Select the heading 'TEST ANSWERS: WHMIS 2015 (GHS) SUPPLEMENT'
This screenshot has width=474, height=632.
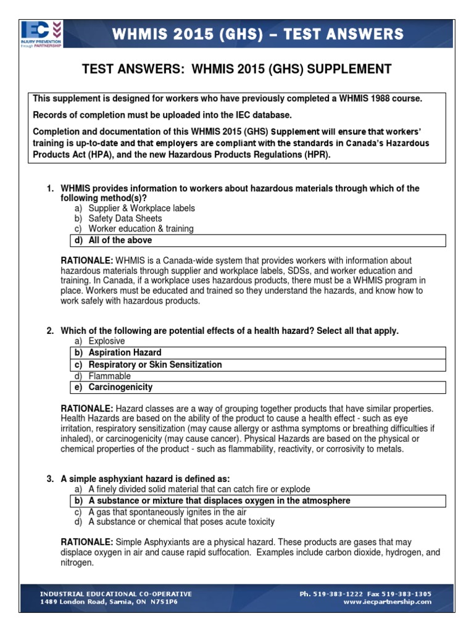click(x=237, y=69)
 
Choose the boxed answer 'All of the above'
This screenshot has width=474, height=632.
click(x=120, y=240)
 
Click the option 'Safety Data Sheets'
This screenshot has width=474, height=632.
click(x=125, y=218)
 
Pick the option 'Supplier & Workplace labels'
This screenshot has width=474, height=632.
click(x=141, y=208)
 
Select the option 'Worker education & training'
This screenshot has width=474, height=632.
click(x=141, y=229)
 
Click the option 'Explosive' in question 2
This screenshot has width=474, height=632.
click(x=106, y=341)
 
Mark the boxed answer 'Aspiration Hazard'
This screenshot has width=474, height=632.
click(x=125, y=353)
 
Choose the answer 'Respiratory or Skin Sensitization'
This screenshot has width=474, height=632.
click(x=155, y=365)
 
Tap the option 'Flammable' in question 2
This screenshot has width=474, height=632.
click(x=110, y=376)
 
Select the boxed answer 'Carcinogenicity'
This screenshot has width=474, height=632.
click(x=120, y=388)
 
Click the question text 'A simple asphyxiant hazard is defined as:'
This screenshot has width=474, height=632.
click(x=145, y=479)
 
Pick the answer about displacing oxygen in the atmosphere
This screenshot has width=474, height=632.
click(x=219, y=501)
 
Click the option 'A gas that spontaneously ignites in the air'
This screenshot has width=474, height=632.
click(x=167, y=512)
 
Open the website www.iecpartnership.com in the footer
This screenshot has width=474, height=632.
click(x=387, y=602)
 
